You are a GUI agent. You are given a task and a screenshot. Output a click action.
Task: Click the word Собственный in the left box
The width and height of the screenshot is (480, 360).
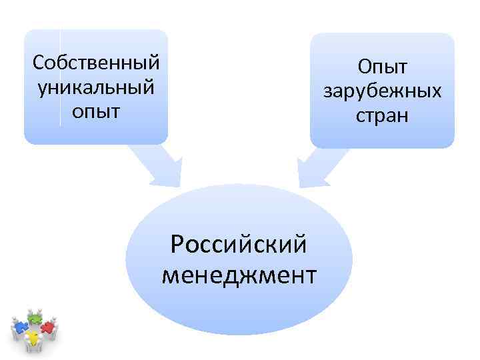tap(96, 63)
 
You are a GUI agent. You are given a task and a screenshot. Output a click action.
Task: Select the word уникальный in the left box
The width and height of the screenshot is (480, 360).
tap(96, 87)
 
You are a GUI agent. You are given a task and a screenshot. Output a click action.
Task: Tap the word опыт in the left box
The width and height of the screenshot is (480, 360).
tap(97, 110)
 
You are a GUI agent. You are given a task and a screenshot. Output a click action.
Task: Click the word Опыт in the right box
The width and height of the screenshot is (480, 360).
tap(382, 67)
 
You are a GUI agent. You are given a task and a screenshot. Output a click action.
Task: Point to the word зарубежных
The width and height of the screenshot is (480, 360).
tap(382, 90)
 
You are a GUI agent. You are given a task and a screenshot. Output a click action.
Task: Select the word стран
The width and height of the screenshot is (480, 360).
tap(382, 114)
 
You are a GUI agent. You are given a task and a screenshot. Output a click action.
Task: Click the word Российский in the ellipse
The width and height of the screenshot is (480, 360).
tap(239, 244)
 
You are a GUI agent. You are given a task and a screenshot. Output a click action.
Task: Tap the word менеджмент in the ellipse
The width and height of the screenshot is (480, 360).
tap(239, 273)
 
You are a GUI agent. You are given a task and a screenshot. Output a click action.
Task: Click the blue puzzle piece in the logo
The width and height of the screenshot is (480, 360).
tap(20, 327)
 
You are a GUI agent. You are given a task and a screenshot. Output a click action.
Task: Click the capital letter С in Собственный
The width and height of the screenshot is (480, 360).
tap(38, 63)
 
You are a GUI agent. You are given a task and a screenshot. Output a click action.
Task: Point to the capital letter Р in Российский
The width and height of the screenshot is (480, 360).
tap(177, 244)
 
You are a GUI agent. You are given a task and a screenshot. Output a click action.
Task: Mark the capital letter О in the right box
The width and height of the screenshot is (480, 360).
tap(364, 67)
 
